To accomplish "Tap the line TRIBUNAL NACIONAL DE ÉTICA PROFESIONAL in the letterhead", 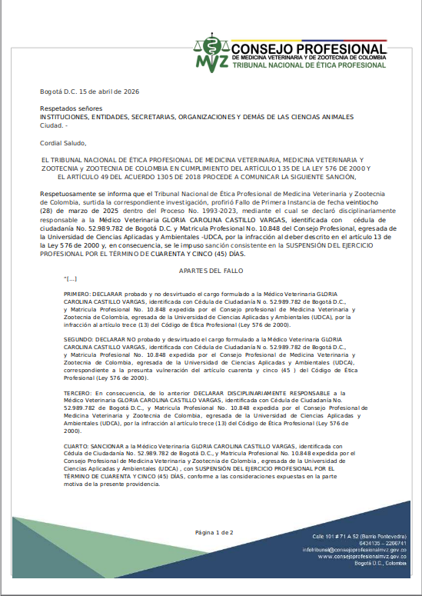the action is click(x=308, y=66).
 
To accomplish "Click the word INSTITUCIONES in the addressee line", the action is click(x=65, y=117).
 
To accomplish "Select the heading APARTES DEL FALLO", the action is click(x=210, y=271).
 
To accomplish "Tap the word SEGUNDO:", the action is click(x=78, y=339).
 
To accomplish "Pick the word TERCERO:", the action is click(x=78, y=392).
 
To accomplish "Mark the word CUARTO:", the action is click(x=77, y=445).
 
